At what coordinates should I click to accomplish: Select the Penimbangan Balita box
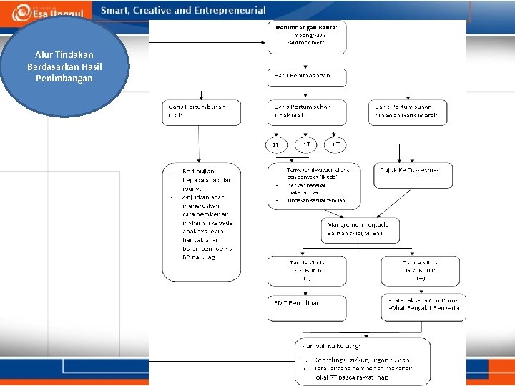(x=307, y=37)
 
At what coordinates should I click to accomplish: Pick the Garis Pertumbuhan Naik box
(x=202, y=112)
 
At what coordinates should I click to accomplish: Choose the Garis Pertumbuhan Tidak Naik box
(x=307, y=112)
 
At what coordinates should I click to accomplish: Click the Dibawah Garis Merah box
(x=410, y=112)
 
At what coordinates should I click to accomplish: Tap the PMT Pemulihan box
(x=306, y=307)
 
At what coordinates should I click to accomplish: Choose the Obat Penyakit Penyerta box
(x=423, y=307)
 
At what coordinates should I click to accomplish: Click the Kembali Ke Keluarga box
(x=362, y=361)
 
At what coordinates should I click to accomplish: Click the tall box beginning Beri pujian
(x=201, y=222)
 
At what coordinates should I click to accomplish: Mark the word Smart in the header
(x=115, y=11)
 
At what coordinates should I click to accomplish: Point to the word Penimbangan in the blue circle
(x=64, y=79)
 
